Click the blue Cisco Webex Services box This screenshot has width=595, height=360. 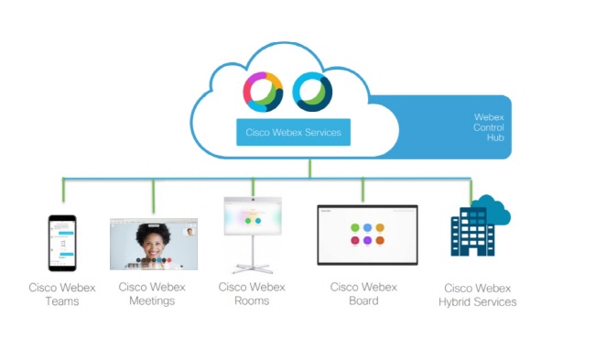[x=293, y=132]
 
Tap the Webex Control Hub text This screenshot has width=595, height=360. [x=489, y=127]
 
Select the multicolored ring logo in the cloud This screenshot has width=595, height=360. [x=263, y=92]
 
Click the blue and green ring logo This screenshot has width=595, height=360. [x=312, y=92]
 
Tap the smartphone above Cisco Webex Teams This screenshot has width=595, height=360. [x=62, y=243]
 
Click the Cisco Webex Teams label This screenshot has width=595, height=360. [x=62, y=294]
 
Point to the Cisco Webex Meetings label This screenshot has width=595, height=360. [x=152, y=293]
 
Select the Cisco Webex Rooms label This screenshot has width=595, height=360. [x=252, y=293]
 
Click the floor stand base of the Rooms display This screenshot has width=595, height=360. [x=253, y=268]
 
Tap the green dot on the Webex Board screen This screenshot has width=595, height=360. [x=355, y=227]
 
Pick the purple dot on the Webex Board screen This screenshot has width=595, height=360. [x=367, y=240]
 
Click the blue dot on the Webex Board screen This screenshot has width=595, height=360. [x=367, y=227]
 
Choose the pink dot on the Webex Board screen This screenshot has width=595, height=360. [x=355, y=240]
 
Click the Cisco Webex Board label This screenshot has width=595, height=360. [x=363, y=293]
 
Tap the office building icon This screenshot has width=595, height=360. [x=473, y=232]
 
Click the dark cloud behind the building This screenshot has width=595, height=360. [x=494, y=211]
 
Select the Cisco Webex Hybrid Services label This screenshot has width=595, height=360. [x=477, y=295]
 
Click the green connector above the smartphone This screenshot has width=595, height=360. [x=63, y=190]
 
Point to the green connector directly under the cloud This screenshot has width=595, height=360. [x=310, y=169]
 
